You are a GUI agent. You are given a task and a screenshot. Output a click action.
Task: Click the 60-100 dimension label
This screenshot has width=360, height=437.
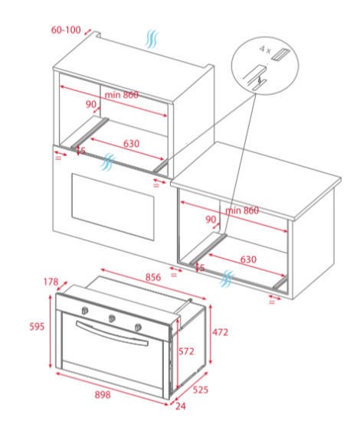click(66, 30)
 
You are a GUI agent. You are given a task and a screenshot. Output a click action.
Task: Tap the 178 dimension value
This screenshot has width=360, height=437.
click(51, 282)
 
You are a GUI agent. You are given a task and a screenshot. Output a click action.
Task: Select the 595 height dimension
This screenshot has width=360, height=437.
click(37, 326)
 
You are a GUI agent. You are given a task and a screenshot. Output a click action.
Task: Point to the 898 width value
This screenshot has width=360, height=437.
click(103, 395)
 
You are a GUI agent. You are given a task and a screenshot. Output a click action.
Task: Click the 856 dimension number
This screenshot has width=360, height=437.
click(153, 277)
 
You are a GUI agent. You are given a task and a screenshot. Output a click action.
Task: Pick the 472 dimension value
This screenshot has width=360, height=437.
click(220, 332)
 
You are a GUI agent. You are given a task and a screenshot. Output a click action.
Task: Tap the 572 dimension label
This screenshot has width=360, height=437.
click(186, 351)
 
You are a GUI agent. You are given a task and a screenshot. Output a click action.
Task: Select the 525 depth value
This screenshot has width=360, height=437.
click(201, 390)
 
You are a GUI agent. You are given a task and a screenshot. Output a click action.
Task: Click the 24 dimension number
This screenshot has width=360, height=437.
click(181, 406)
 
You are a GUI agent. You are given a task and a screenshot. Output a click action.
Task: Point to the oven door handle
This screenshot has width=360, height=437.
click(112, 334)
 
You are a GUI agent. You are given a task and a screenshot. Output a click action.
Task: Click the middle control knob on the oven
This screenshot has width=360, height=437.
click(112, 318)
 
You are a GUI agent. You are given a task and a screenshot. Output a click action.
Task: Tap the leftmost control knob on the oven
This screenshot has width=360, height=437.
click(85, 310)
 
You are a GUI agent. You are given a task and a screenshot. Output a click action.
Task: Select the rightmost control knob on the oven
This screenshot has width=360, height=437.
click(138, 328)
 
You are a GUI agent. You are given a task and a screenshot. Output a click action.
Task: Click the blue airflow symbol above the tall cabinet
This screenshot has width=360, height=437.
click(152, 39)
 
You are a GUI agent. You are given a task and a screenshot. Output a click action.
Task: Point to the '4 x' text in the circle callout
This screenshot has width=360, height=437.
click(265, 50)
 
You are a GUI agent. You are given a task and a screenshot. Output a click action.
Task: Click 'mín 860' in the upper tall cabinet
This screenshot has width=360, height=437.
click(122, 95)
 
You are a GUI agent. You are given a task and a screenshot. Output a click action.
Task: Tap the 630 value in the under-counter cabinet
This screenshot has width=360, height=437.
click(248, 259)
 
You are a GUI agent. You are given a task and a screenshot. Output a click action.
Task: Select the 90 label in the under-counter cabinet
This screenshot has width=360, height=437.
click(211, 220)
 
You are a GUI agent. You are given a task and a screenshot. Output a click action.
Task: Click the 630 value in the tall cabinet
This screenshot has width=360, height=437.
click(131, 144)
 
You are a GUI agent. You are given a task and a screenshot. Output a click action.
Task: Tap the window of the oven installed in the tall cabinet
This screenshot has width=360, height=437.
click(113, 207)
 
